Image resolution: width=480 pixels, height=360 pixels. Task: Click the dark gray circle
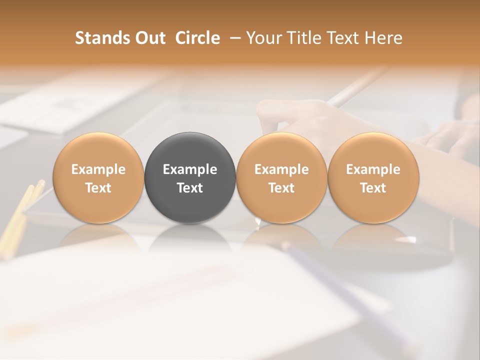(190, 178)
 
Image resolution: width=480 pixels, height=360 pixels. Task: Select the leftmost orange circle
(98, 178)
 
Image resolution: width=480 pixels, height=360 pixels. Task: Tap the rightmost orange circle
(373, 178)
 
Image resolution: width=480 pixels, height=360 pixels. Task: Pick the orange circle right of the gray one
(281, 178)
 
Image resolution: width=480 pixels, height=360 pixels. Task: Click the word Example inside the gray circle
(190, 169)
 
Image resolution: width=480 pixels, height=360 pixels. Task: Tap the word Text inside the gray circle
(190, 188)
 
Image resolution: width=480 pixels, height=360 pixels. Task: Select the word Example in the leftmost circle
(98, 169)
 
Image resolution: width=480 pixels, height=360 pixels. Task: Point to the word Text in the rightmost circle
(373, 188)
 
